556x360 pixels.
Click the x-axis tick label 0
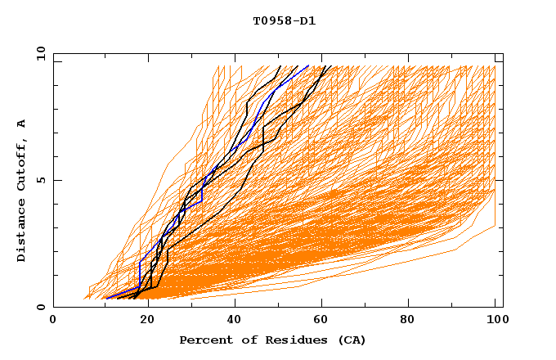point(53,321)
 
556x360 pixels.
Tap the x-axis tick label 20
point(144,321)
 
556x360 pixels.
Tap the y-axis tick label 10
point(40,55)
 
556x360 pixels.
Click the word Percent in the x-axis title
point(204,340)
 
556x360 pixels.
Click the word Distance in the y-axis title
point(22,232)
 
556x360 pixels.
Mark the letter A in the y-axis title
point(22,123)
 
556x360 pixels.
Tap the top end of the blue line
point(308,65)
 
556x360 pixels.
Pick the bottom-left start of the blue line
point(104,298)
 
